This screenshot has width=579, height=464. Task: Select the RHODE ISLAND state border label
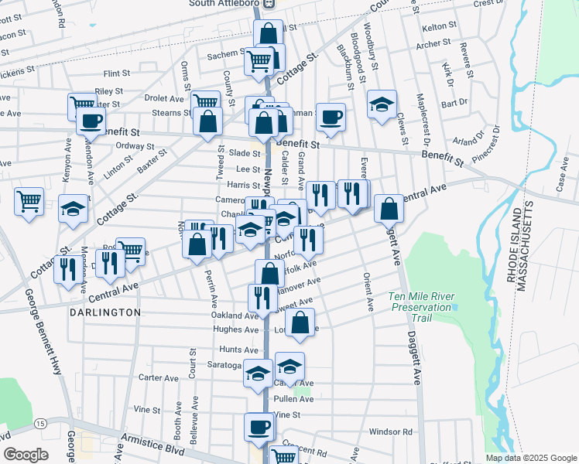click(x=512, y=246)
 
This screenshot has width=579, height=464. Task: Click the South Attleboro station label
click(x=224, y=4)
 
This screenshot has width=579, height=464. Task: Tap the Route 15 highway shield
click(x=39, y=424)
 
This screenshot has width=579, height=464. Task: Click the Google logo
click(x=26, y=455)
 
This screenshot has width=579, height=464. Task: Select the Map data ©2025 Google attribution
click(x=530, y=457)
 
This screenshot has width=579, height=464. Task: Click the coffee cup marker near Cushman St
click(x=331, y=118)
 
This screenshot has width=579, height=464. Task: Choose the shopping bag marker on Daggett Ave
click(x=389, y=208)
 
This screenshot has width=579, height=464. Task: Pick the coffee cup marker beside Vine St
click(x=259, y=426)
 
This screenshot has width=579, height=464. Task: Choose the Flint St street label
click(x=117, y=73)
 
